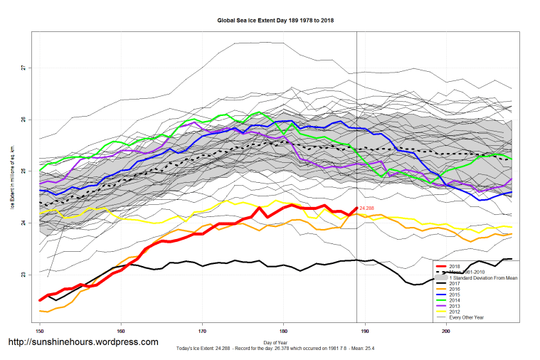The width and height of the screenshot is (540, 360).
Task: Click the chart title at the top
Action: [275, 21]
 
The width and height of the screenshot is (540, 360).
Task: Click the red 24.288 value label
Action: [367, 208]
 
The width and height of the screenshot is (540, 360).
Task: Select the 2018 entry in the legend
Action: [455, 265]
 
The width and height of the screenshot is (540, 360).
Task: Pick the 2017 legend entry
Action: [455, 283]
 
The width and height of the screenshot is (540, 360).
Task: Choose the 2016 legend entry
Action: [455, 290]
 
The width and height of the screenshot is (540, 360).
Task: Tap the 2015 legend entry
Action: [455, 295]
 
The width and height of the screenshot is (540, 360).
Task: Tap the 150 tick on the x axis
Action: [40, 331]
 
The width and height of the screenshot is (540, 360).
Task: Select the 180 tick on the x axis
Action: [284, 331]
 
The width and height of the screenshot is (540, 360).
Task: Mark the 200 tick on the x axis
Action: [447, 331]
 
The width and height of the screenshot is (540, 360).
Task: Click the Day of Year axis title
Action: [276, 344]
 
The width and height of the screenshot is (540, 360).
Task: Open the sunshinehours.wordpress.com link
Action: [83, 342]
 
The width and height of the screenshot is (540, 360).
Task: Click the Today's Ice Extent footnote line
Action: [276, 349]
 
